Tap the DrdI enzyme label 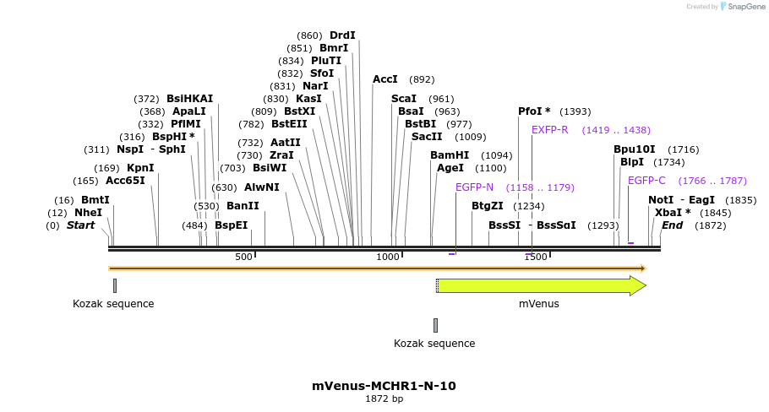point(342,35)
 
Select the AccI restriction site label point(385,79)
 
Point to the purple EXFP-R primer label point(550,130)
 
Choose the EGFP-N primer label point(474,187)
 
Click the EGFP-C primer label point(646,181)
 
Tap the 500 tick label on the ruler point(243,257)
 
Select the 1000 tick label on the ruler point(388,257)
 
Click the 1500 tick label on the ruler point(536,257)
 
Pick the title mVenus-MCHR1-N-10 point(384,386)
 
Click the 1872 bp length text point(384,398)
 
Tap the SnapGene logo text point(743,6)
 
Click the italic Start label point(80,225)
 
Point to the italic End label point(672,225)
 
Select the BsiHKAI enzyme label point(190,99)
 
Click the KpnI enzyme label point(140,168)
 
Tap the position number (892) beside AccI point(422,79)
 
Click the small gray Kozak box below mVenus point(435,325)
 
